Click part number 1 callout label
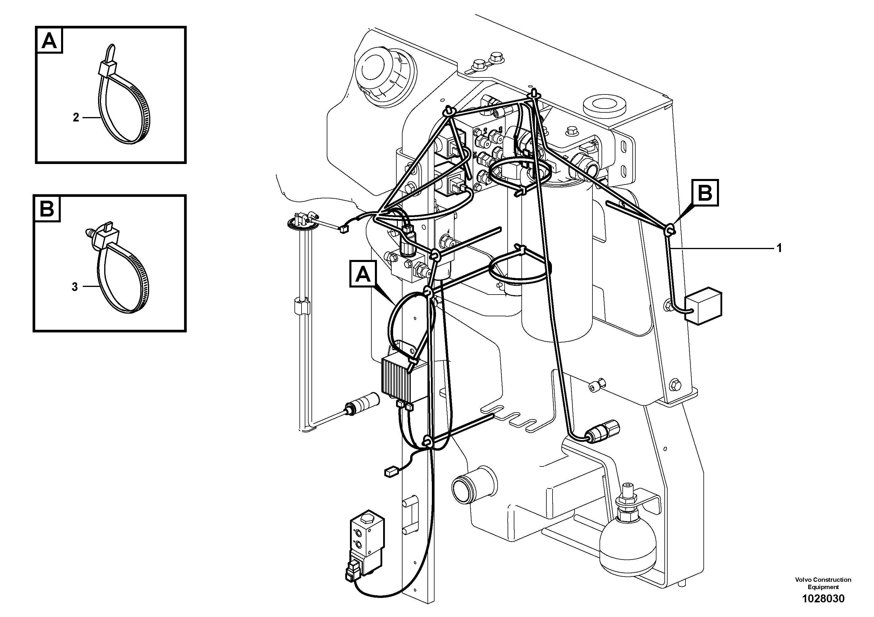(x=779, y=249)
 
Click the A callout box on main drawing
(x=363, y=274)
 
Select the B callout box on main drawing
(x=705, y=193)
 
